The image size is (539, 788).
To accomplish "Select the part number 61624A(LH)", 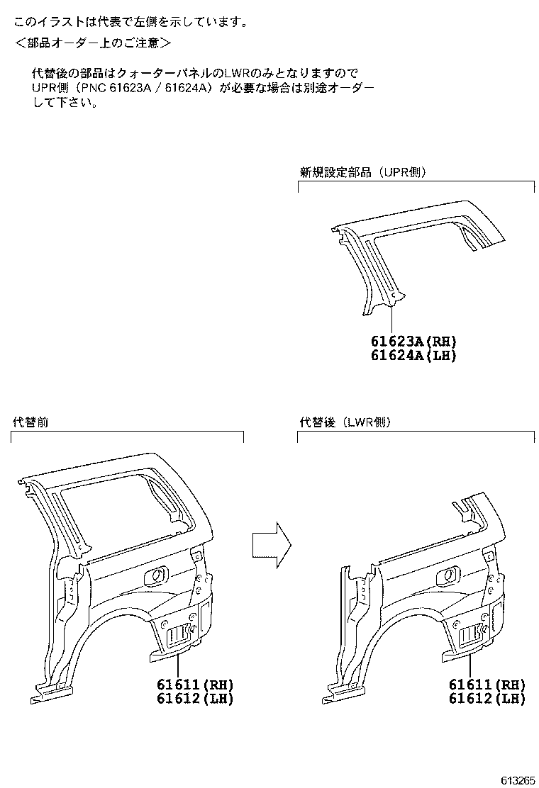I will coord(413,356).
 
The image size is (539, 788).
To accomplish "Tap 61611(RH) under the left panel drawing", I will coord(195,685).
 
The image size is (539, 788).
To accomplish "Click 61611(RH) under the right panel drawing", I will coord(487,685).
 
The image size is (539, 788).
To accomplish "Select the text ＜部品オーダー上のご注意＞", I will coord(92,43).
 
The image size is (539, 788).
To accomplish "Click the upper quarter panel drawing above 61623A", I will coord(418,241).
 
